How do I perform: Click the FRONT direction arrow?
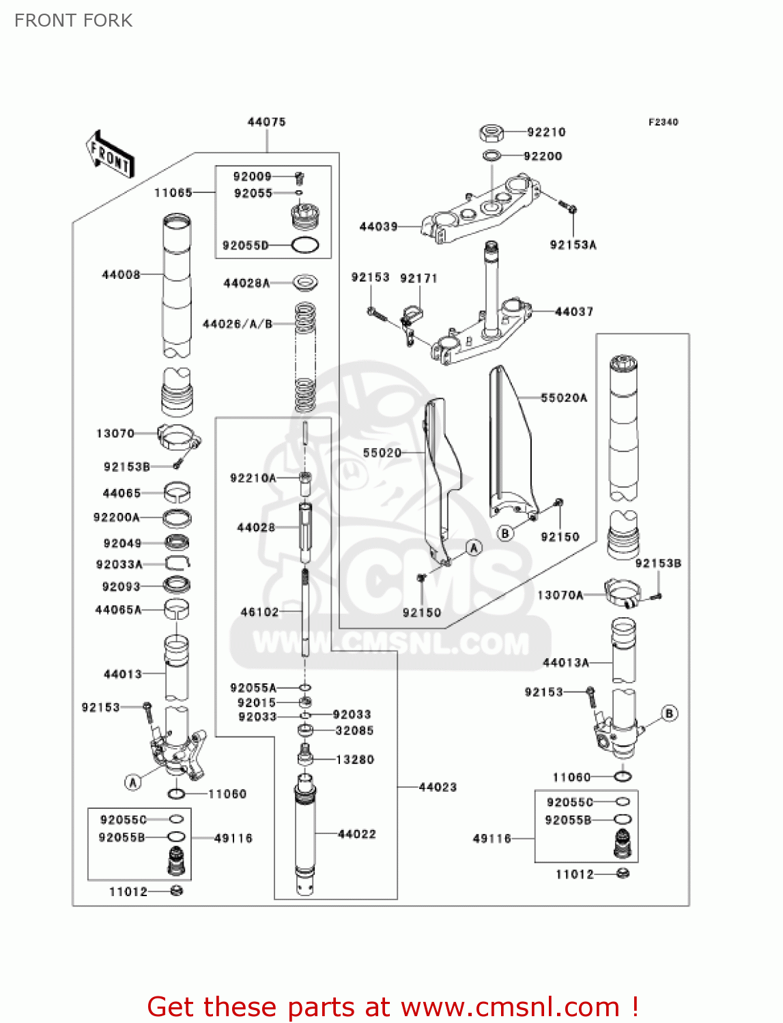[x=110, y=155]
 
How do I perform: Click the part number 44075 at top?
[x=266, y=122]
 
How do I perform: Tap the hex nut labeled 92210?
[x=492, y=131]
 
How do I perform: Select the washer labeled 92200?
[x=492, y=156]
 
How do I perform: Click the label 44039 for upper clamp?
[x=378, y=226]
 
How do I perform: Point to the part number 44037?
[x=573, y=312]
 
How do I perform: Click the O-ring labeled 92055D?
[x=304, y=246]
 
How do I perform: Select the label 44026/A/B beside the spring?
[x=238, y=324]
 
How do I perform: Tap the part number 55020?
[x=382, y=453]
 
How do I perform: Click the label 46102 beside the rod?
[x=259, y=612]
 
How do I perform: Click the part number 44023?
[x=437, y=787]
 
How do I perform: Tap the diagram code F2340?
[x=663, y=122]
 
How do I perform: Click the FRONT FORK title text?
[x=73, y=20]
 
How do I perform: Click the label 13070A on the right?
[x=560, y=595]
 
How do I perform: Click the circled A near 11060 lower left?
[x=133, y=782]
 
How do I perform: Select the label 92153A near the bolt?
[x=573, y=245]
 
